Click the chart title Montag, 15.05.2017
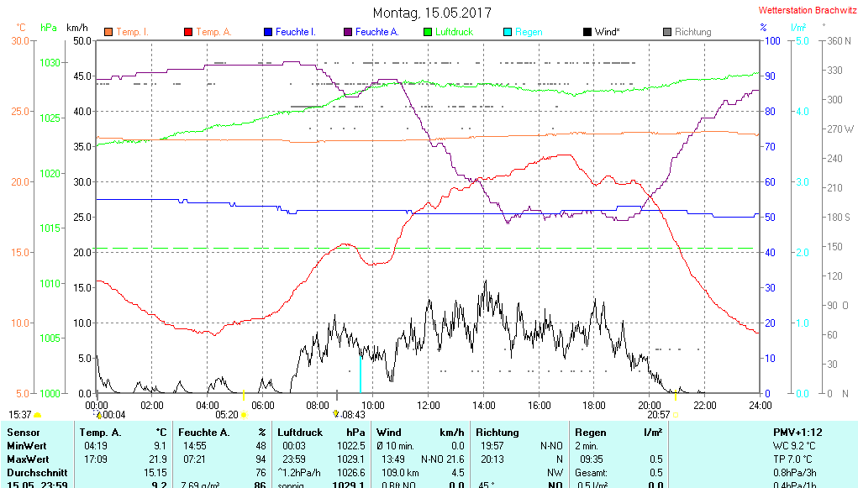click(x=432, y=13)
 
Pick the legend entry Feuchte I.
click(x=294, y=32)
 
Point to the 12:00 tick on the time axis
click(x=428, y=405)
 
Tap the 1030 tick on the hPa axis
click(x=51, y=63)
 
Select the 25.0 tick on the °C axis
click(x=20, y=112)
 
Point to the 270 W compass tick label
click(x=840, y=129)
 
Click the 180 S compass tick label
click(x=840, y=218)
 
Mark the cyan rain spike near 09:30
click(x=361, y=375)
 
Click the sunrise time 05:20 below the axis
click(x=227, y=414)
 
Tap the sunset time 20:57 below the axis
click(x=658, y=414)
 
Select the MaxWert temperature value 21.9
click(x=158, y=459)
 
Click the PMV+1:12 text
click(x=797, y=432)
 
